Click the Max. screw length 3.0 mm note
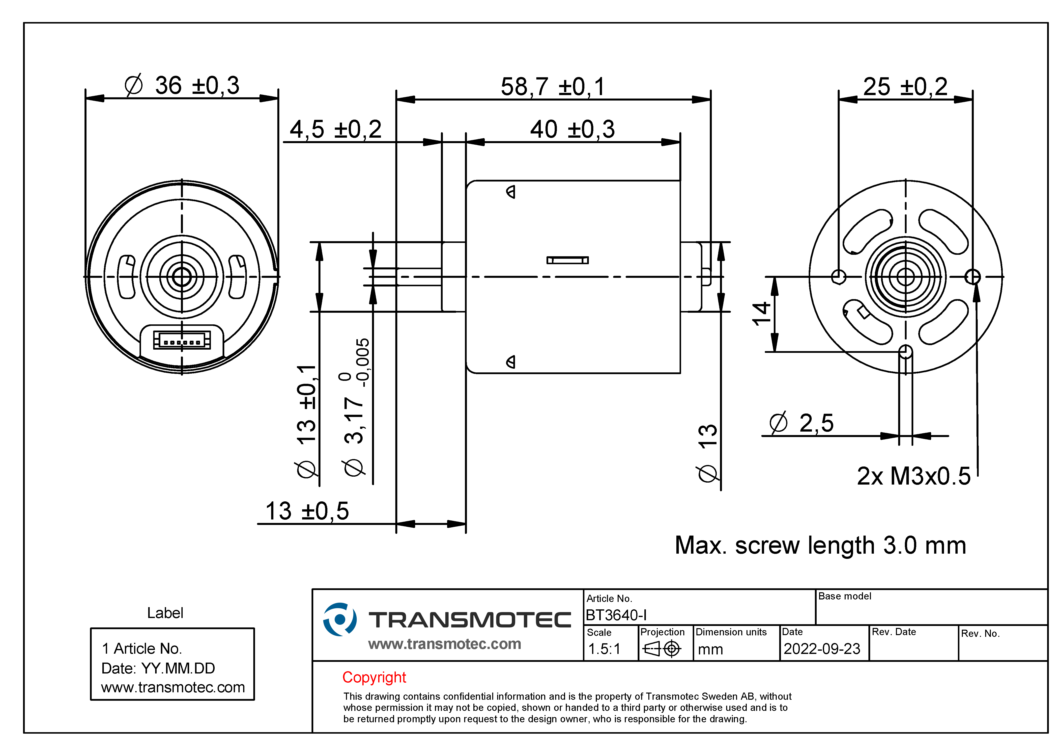(820, 545)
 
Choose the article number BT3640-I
(616, 615)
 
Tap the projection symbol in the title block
(662, 649)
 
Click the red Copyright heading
(374, 677)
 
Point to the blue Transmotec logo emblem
(340, 619)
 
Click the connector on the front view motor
(182, 341)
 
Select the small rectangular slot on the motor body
(568, 260)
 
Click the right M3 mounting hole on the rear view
(973, 277)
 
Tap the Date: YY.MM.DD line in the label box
(158, 668)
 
